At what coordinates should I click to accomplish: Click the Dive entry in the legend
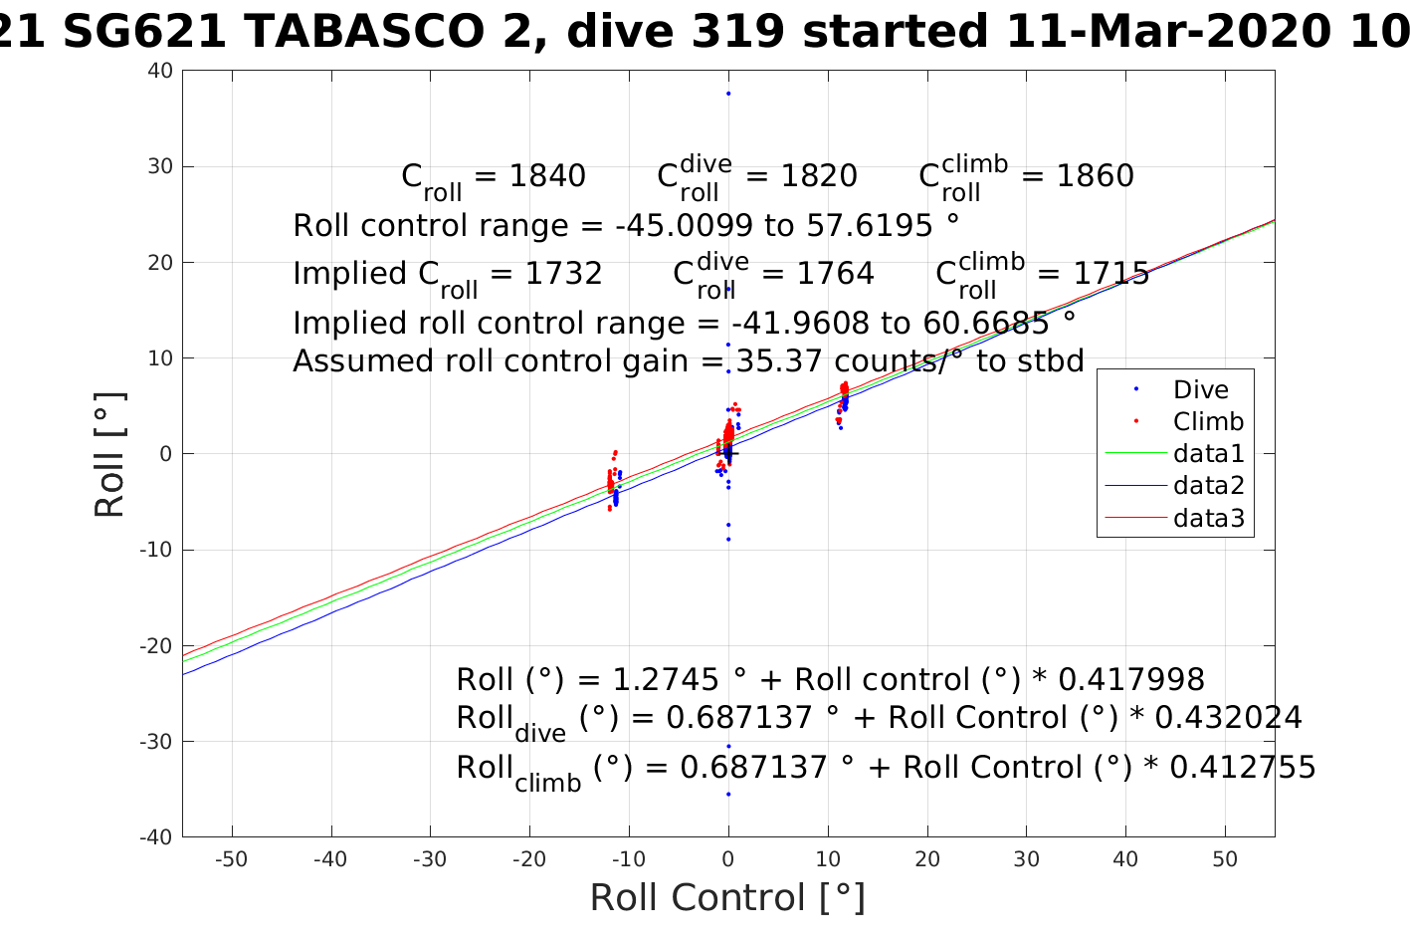pos(1200,390)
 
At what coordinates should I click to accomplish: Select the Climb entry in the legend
pos(1208,422)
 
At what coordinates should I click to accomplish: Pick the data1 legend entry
pos(1208,454)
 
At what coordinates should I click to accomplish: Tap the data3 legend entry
pos(1208,518)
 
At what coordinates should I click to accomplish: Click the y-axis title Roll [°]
pos(109,454)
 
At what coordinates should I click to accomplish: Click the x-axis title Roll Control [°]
pos(727,898)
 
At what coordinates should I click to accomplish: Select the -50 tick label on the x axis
pos(231,859)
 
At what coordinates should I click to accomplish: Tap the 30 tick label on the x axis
pos(1026,859)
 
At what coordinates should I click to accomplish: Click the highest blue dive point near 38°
pos(728,94)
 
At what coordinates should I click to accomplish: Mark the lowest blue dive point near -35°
pos(728,794)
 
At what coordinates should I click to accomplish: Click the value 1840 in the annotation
pos(547,176)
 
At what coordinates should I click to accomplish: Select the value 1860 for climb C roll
pos(1095,176)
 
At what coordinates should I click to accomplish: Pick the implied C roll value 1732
pos(564,274)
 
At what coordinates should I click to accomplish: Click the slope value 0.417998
pos(1130,680)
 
